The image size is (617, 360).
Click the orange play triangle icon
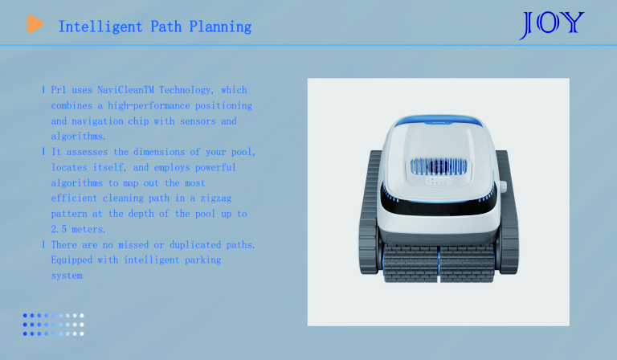tap(35, 24)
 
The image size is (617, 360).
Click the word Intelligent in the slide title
tap(100, 27)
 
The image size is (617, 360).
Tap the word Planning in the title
tap(220, 27)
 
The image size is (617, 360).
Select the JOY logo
tap(552, 25)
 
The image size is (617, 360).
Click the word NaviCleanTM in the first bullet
tap(125, 90)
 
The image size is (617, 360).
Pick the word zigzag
tap(216, 198)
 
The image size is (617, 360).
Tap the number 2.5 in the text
tap(59, 229)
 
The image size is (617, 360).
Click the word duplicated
tap(195, 245)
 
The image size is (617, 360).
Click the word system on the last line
tap(67, 276)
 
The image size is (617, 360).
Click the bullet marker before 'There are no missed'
tap(43, 245)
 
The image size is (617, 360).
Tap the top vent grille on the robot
tap(439, 167)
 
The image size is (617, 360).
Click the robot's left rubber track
tap(370, 211)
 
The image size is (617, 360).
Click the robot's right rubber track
tap(508, 211)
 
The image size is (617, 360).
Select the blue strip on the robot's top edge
tap(439, 120)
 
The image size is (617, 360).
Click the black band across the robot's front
tap(439, 205)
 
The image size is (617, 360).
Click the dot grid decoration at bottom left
tap(54, 325)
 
